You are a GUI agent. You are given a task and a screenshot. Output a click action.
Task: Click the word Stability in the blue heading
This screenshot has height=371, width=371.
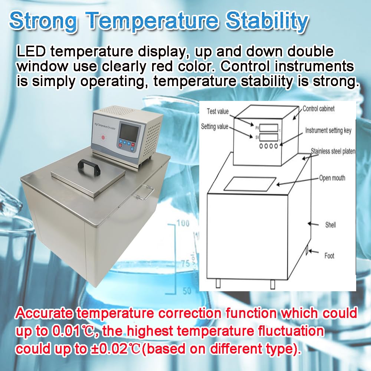click(x=267, y=21)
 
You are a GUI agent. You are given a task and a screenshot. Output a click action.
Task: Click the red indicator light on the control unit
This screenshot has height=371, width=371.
click(x=103, y=137)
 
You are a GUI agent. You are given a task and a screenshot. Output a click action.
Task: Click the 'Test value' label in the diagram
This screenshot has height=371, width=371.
click(x=218, y=111)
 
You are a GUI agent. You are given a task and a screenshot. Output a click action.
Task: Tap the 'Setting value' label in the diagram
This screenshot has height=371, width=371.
click(x=214, y=127)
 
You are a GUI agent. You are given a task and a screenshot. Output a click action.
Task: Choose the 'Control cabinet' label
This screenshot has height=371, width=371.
click(x=318, y=109)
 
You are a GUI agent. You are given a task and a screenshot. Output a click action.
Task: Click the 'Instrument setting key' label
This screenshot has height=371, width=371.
click(x=328, y=131)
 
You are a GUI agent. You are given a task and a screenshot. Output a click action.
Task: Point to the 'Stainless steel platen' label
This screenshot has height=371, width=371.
click(x=333, y=151)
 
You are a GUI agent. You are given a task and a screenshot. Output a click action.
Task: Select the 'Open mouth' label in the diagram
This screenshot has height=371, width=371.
click(x=332, y=178)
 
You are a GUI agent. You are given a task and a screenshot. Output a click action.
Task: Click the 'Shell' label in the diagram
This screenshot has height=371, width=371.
click(x=330, y=224)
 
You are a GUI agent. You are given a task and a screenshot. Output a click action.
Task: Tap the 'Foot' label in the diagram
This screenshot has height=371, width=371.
click(x=329, y=256)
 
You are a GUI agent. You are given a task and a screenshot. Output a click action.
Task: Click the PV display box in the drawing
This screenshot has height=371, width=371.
click(x=269, y=128)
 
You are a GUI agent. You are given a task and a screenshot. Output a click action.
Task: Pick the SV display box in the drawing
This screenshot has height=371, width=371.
click(x=269, y=138)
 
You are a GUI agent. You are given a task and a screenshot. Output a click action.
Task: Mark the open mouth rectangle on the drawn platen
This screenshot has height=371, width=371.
click(x=250, y=184)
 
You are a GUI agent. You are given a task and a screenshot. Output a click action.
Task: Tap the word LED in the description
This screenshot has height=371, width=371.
click(x=31, y=51)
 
